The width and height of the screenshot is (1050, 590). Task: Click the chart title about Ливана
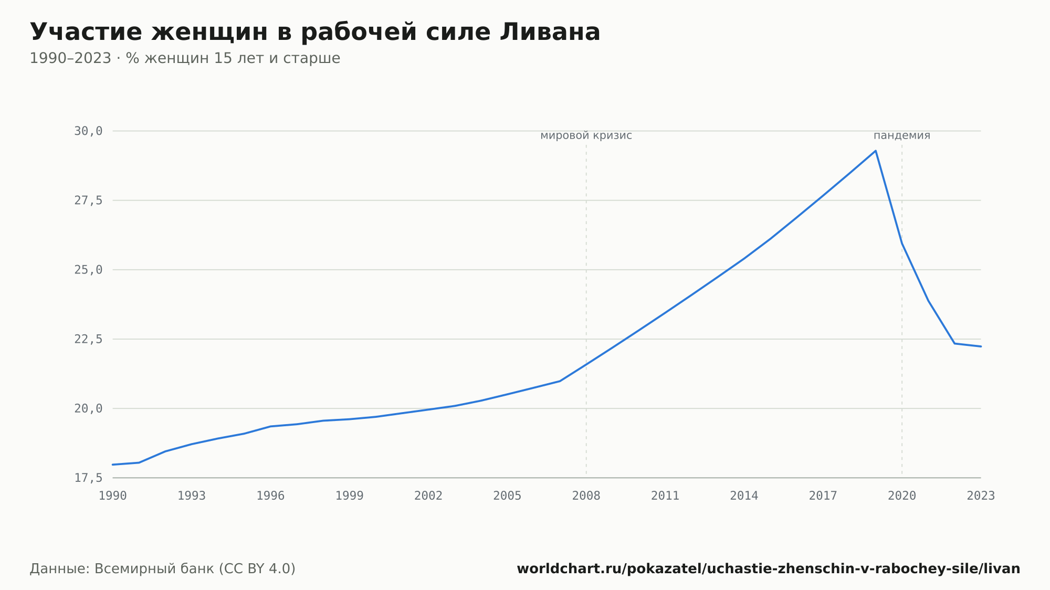[315, 32]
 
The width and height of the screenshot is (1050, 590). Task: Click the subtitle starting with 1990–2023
[185, 58]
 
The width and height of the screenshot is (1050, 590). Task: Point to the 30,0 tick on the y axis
[88, 131]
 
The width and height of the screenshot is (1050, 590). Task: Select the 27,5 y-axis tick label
[88, 201]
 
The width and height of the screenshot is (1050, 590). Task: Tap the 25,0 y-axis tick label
[88, 270]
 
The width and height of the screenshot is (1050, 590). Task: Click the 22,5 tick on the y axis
[88, 339]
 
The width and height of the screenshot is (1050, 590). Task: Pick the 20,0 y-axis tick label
[88, 408]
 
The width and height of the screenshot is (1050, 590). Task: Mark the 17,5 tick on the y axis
[88, 478]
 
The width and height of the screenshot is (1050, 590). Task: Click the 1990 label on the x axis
[113, 496]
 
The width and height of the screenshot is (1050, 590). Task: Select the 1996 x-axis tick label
[270, 496]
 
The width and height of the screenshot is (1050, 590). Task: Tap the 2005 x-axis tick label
[507, 496]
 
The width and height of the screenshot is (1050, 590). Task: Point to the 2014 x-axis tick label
[744, 496]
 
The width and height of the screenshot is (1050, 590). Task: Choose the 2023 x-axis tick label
[981, 496]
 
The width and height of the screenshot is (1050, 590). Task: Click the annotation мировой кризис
[586, 135]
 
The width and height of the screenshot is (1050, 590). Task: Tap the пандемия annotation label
[902, 135]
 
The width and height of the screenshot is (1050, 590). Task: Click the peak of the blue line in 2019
[876, 151]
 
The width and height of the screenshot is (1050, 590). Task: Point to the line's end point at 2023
[981, 346]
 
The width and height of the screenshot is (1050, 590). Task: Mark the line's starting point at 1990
[113, 465]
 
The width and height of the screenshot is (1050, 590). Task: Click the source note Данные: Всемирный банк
[163, 569]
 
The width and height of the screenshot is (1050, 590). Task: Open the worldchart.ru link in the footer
[769, 569]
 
